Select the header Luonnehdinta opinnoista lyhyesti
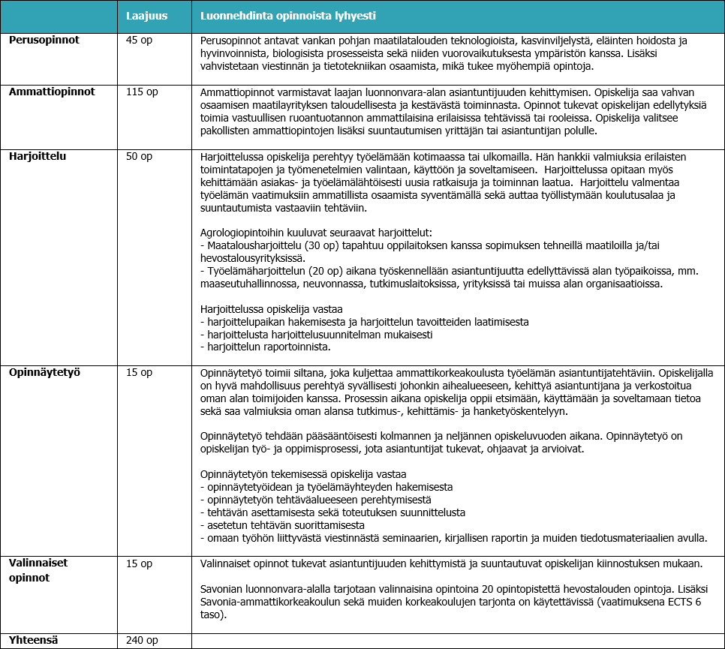click(x=288, y=16)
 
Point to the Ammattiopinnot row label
click(x=52, y=92)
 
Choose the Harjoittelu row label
click(x=38, y=156)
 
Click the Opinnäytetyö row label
click(x=44, y=372)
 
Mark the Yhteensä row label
click(x=34, y=640)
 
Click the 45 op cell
click(x=140, y=40)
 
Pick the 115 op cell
click(x=143, y=92)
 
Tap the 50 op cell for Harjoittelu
click(x=140, y=156)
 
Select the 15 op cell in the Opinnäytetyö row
click(x=140, y=372)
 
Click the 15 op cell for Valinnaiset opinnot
click(x=140, y=563)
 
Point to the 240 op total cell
click(x=143, y=641)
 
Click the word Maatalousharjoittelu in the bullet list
click(x=254, y=245)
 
